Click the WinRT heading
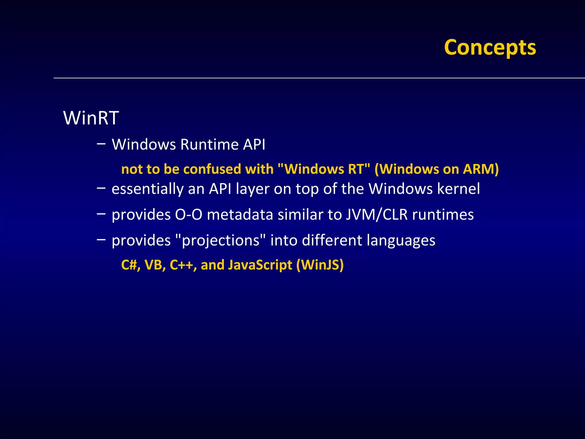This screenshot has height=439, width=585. tap(91, 118)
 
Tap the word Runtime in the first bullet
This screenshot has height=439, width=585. tap(209, 144)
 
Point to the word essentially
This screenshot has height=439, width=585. tap(147, 189)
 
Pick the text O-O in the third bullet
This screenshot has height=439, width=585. tap(189, 215)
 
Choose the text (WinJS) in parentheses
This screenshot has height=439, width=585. tap(320, 265)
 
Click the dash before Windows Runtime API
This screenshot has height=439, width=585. tap(101, 143)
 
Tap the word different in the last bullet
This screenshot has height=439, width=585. tap(332, 240)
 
